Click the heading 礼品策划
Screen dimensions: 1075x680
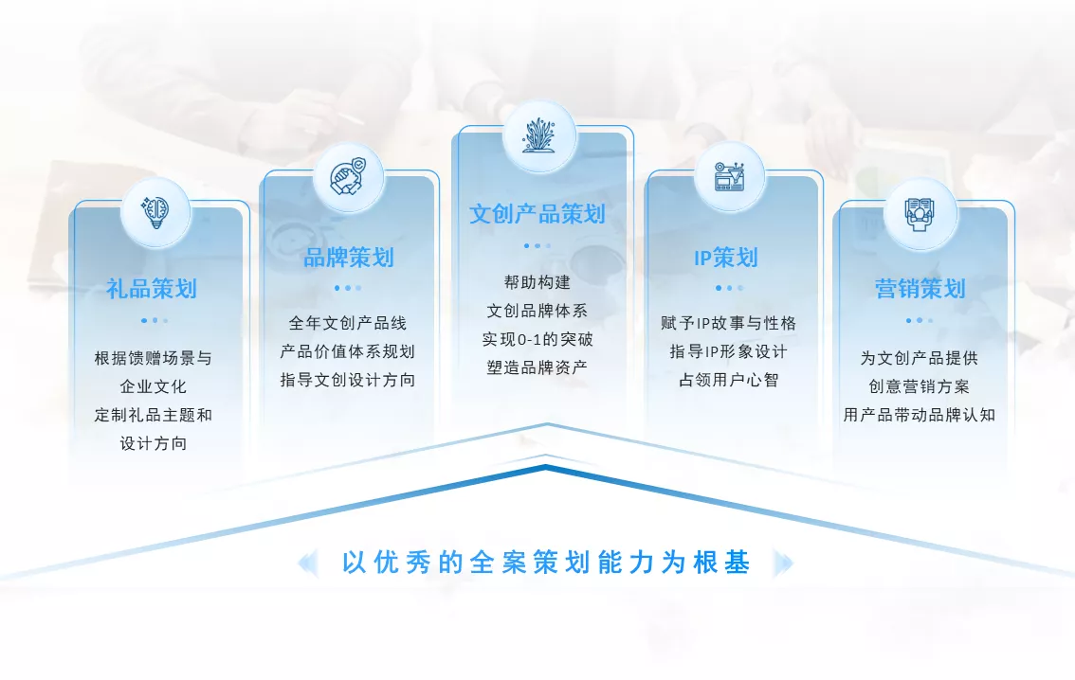[152, 289]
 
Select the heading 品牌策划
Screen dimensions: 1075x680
[348, 258]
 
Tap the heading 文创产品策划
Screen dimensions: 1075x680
[537, 214]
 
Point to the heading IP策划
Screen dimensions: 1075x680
[726, 258]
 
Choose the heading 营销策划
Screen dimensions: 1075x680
[920, 289]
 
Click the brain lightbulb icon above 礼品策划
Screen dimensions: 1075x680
[155, 212]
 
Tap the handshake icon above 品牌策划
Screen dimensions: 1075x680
[348, 177]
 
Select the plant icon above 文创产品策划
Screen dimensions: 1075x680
[538, 135]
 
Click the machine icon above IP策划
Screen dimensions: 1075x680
[729, 177]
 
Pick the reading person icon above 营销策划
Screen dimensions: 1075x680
[920, 214]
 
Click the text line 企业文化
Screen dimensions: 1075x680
[153, 387]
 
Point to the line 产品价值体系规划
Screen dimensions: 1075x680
[348, 352]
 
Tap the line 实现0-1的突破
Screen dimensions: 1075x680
[537, 340]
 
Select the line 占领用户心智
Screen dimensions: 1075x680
[729, 380]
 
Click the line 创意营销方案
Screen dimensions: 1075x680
[920, 387]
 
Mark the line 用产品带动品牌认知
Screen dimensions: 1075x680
[920, 415]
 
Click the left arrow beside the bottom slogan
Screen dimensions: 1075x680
[308, 563]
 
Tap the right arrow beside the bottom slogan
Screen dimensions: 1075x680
[783, 563]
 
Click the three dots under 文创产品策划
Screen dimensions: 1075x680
[537, 246]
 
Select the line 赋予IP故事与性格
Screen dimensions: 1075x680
[729, 323]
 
